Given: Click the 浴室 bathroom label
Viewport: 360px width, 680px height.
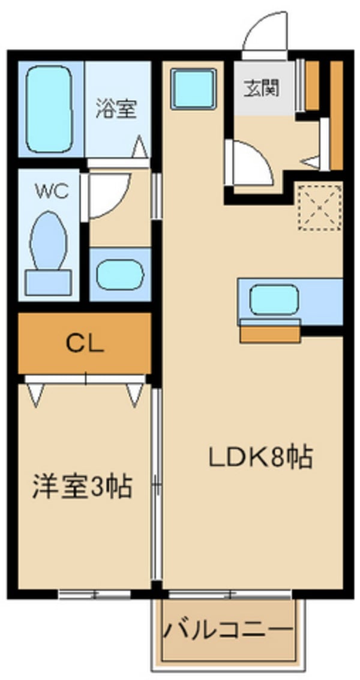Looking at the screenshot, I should [x=117, y=109].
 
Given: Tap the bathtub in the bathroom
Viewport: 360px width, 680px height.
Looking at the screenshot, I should [x=49, y=109].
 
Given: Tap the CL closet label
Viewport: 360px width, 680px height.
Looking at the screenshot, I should [x=85, y=343].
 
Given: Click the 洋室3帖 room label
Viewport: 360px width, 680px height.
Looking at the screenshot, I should [x=82, y=486].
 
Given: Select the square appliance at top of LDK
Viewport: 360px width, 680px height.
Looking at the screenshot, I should [x=193, y=89].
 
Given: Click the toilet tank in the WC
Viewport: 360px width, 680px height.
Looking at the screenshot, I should [x=48, y=281].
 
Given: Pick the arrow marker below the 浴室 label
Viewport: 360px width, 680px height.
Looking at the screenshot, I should [x=139, y=146].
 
